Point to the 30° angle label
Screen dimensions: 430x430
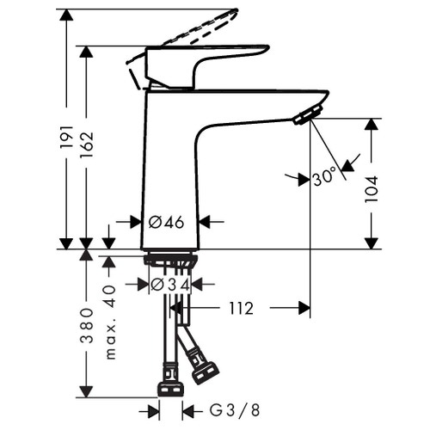coord(325,178)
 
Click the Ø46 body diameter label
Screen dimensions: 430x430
coord(167,222)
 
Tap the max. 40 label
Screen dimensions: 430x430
coord(110,322)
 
